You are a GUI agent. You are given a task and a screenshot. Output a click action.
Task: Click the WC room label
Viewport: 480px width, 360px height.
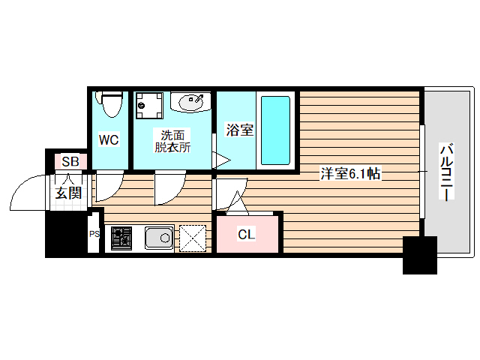109,139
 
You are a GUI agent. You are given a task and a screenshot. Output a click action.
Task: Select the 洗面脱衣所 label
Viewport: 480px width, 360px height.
172,141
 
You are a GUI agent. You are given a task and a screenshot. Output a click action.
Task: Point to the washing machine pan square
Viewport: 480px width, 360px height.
150,106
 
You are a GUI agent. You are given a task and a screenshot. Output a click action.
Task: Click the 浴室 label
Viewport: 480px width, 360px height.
239,130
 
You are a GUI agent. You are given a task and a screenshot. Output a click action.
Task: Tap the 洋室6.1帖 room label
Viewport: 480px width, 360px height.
352,174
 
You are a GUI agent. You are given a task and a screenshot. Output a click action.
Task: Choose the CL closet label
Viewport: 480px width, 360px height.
247,235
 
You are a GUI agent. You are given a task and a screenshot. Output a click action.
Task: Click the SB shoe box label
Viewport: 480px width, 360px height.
70,161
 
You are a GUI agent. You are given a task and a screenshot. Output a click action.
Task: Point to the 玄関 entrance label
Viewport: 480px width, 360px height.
67,193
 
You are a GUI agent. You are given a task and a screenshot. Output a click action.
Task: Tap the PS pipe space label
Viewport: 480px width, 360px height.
94,234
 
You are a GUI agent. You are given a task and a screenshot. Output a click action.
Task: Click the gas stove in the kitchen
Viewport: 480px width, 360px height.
121,238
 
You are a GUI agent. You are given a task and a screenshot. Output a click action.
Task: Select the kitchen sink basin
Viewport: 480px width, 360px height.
159,238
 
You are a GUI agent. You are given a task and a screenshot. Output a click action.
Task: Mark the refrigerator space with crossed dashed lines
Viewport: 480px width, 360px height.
193,238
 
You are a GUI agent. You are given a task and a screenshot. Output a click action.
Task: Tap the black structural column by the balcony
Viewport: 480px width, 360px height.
419,255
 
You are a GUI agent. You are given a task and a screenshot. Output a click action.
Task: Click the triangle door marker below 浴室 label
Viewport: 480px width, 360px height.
221,160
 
